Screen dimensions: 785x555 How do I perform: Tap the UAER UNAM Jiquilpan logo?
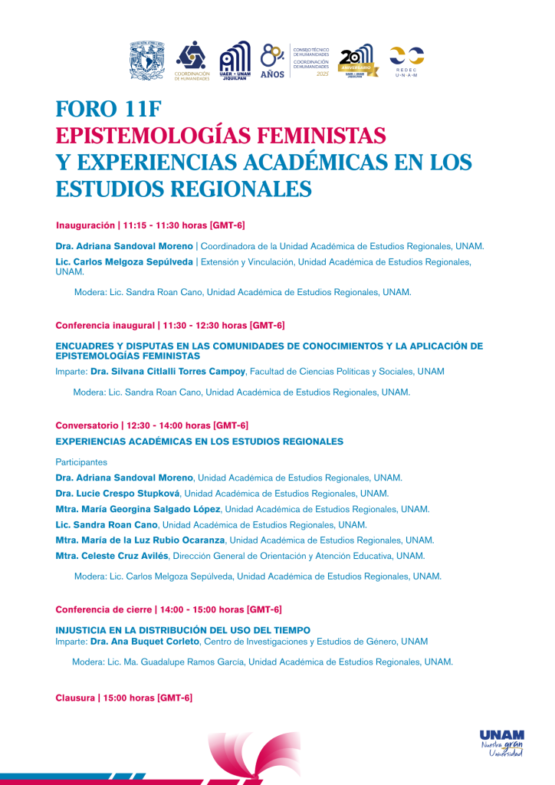click(235, 61)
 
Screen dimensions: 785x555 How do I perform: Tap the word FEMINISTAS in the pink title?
click(316, 136)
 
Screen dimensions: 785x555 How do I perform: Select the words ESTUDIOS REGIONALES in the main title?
click(184, 188)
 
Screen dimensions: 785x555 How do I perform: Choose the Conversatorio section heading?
click(87, 425)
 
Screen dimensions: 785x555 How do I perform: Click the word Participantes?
click(81, 462)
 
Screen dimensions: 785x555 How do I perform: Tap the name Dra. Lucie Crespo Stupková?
click(118, 493)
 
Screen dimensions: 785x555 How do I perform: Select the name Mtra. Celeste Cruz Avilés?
click(113, 556)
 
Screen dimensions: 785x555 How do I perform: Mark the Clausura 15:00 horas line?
click(123, 698)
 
